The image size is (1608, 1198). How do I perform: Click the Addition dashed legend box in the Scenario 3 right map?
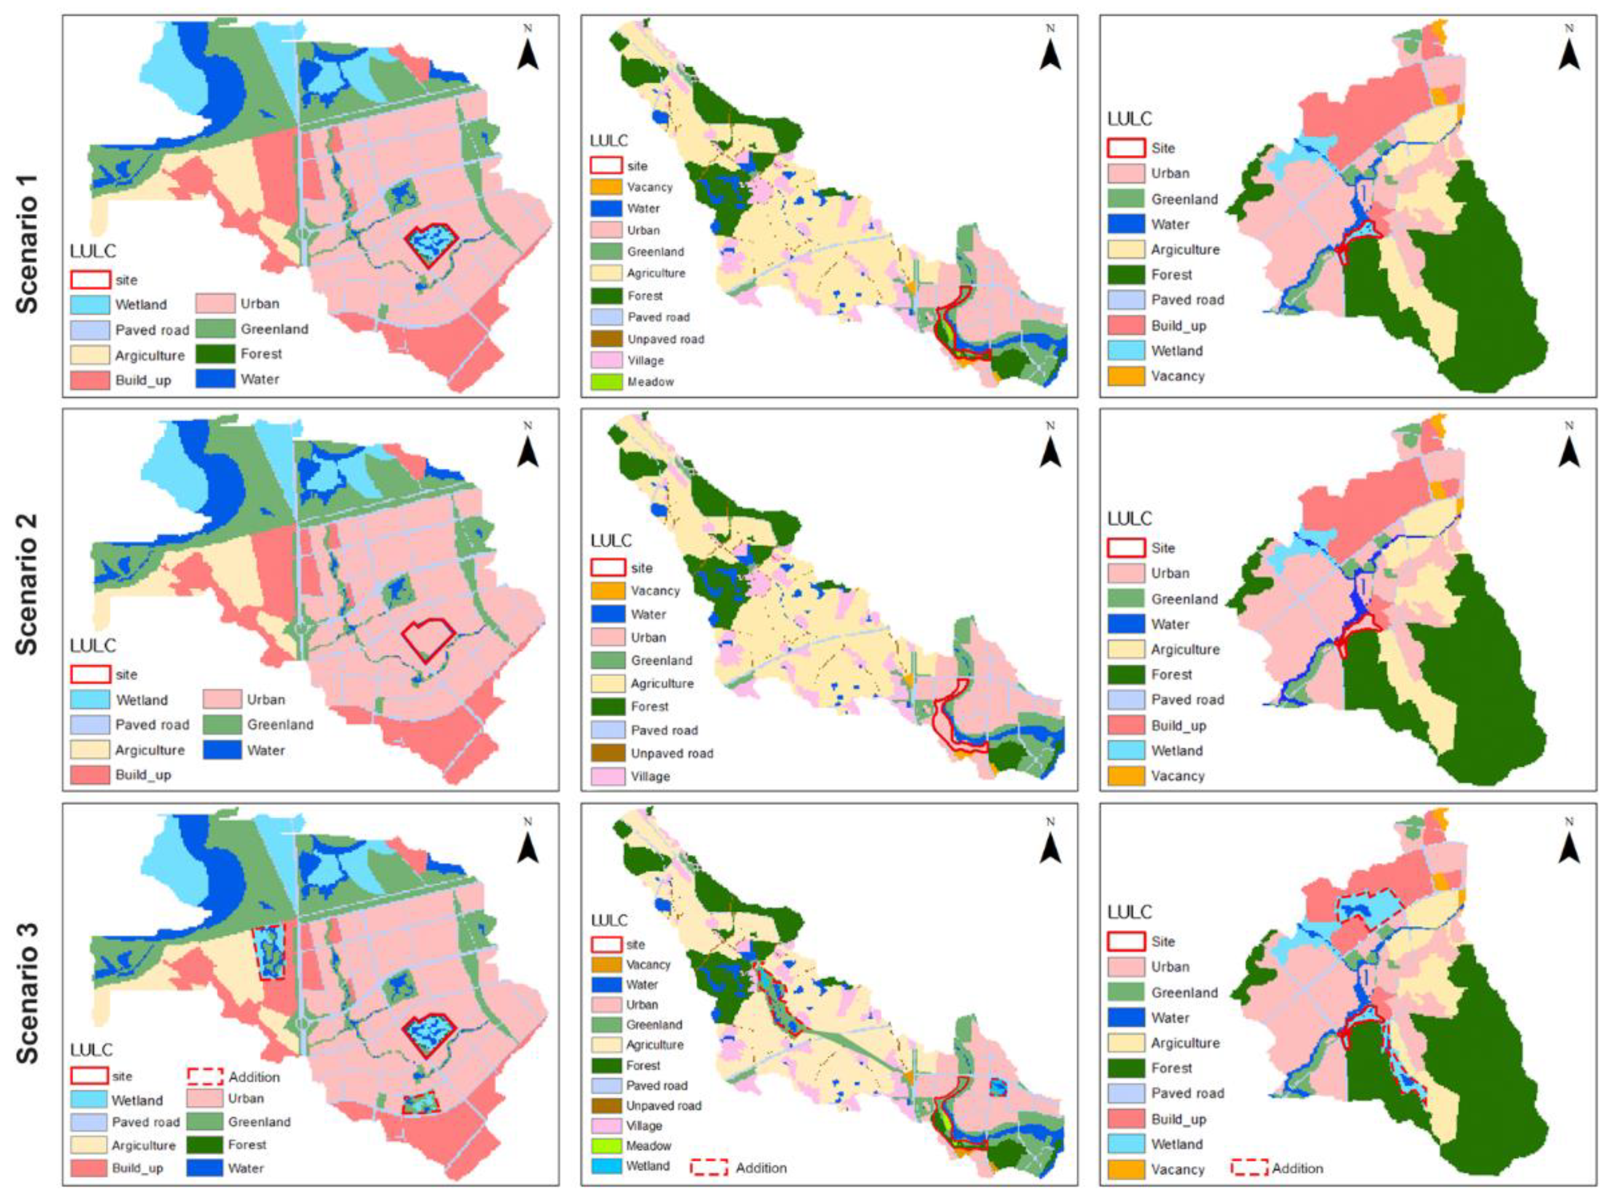pos(1249,1168)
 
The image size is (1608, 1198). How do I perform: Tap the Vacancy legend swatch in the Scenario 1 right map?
pos(1126,376)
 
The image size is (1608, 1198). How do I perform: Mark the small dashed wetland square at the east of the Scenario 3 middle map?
pos(999,1087)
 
